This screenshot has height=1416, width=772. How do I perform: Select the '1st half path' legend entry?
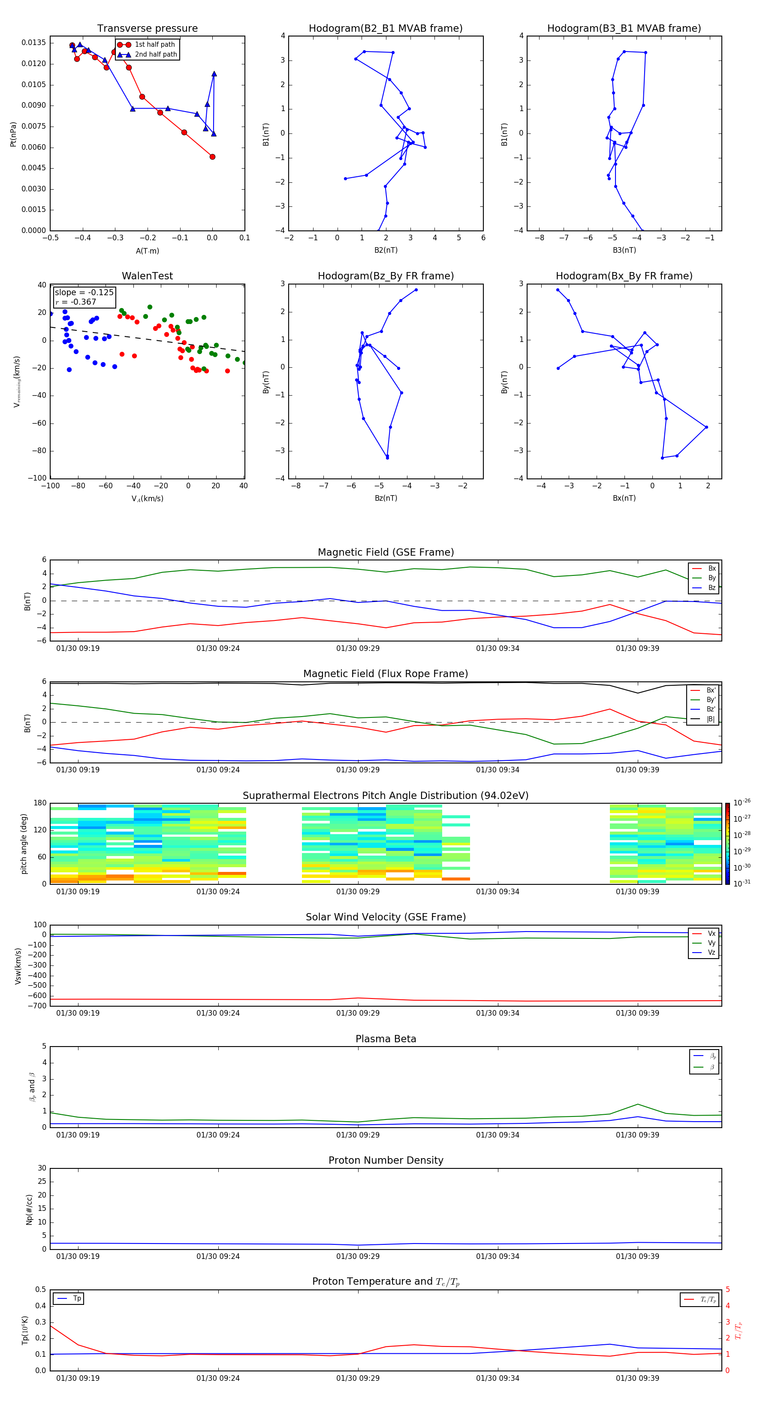[154, 45]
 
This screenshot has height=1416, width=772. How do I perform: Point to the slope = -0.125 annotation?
[84, 293]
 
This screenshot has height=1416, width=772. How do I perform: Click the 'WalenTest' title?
[147, 276]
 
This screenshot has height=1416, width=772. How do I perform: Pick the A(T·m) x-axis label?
[147, 251]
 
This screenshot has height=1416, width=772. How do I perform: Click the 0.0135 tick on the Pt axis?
[33, 43]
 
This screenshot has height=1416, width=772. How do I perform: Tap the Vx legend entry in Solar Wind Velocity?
[711, 933]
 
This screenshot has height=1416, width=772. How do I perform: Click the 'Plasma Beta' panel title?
[386, 1039]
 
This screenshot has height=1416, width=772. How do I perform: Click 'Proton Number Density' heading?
[386, 1160]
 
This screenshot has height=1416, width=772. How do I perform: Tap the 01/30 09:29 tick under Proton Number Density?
[358, 1256]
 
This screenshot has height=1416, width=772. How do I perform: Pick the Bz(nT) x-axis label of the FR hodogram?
[386, 498]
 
